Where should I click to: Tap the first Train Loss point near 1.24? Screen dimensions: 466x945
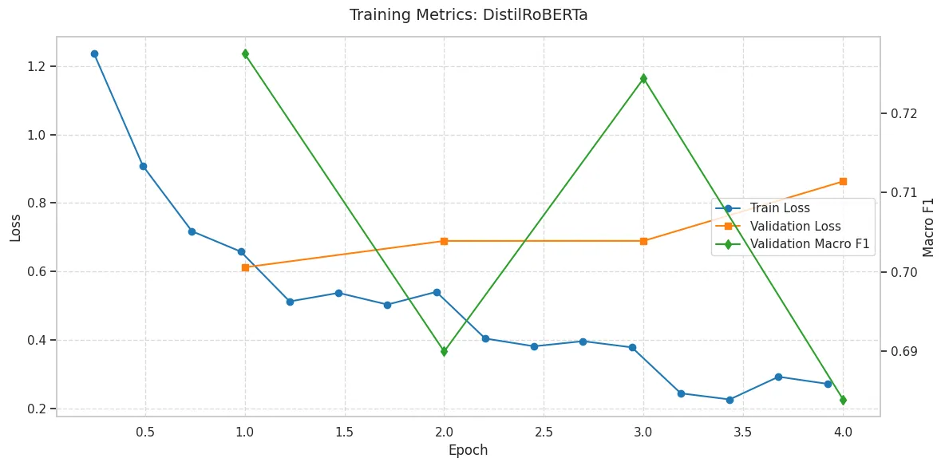click(94, 53)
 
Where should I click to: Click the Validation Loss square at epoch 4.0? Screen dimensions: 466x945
click(843, 181)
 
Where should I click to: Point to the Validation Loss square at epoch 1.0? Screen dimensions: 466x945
click(245, 267)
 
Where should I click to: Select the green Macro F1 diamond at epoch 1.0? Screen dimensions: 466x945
click(245, 53)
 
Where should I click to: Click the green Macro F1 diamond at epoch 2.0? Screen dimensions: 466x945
click(445, 351)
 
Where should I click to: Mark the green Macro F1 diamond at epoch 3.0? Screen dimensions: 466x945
click(643, 78)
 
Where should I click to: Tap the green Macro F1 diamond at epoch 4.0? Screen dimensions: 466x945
click(843, 400)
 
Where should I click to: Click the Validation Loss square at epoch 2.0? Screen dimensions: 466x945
click(445, 241)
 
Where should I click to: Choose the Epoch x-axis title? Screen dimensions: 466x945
click(468, 450)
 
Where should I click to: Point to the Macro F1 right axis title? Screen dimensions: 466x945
click(928, 227)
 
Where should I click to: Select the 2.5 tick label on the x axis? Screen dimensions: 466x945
click(544, 432)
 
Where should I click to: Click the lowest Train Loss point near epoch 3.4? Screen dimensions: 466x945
click(730, 400)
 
